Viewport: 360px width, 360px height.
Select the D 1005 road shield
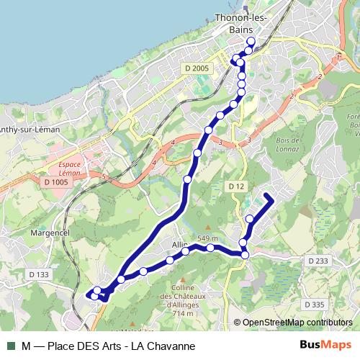(55, 183)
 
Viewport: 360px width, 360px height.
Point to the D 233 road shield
(317, 261)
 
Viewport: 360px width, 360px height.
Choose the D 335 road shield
(315, 305)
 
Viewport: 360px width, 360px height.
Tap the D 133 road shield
(39, 274)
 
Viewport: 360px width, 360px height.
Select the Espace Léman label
(64, 168)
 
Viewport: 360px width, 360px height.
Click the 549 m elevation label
(207, 239)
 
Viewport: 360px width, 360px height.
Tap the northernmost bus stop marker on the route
(251, 41)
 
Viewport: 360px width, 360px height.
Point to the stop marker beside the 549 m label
(210, 248)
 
